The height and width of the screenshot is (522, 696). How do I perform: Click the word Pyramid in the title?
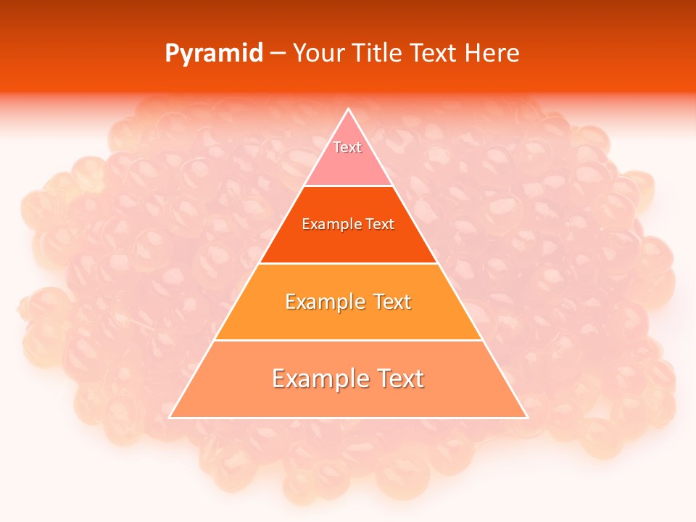[x=213, y=54]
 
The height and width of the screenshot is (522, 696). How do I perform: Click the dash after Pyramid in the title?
[x=277, y=54]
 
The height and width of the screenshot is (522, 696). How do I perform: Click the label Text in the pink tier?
[x=347, y=147]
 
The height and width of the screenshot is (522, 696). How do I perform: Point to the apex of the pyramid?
[x=348, y=109]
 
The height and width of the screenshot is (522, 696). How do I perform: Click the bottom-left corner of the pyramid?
[x=170, y=417]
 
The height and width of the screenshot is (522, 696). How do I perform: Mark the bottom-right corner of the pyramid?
[x=526, y=417]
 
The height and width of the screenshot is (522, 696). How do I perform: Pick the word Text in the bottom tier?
[x=399, y=378]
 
